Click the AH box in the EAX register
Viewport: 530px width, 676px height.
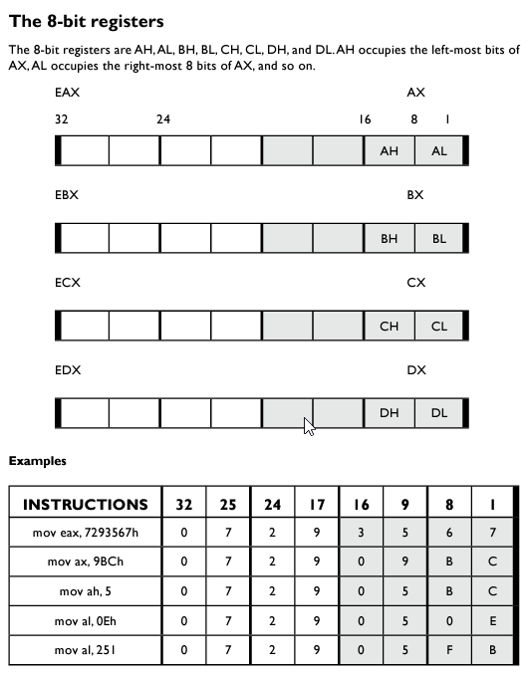389,150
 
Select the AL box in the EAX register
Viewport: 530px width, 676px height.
439,150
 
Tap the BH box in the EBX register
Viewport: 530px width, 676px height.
389,239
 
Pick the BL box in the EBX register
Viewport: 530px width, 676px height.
439,239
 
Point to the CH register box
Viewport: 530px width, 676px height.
389,327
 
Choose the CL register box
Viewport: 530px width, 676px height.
439,327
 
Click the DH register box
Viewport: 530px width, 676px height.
389,413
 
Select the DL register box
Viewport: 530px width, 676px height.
439,413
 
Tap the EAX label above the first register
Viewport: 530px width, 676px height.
68,93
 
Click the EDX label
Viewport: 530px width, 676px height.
68,370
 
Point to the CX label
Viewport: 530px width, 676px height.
416,283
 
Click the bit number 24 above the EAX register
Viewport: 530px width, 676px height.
163,119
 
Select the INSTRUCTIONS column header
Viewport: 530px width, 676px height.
86,505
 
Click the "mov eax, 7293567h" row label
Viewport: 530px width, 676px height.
86,534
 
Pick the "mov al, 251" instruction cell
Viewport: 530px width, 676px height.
86,649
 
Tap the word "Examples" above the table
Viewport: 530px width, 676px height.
38,461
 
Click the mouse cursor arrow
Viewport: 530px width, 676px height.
309,426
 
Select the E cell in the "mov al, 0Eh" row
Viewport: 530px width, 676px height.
493,620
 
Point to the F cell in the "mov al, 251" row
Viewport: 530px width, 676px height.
449,649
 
